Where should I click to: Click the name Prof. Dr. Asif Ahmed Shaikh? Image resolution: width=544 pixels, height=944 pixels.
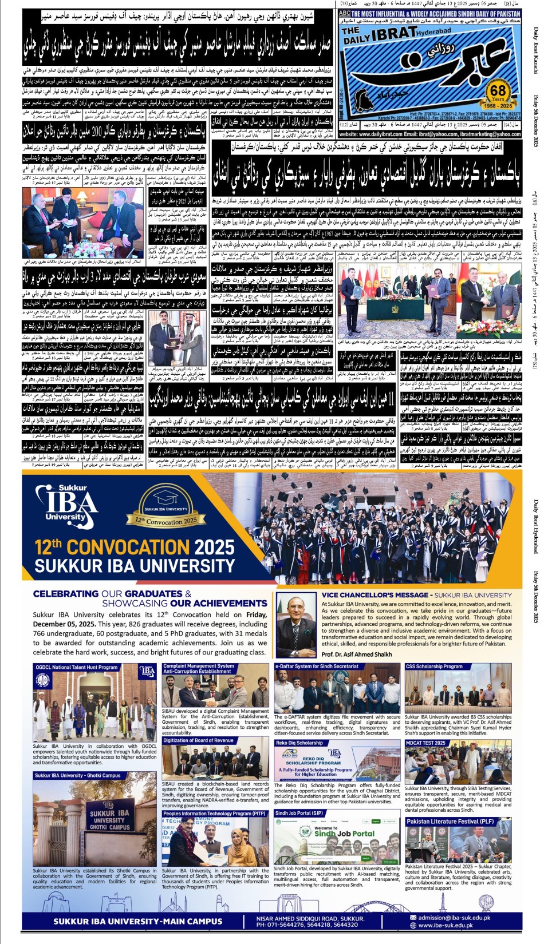[x=357, y=655]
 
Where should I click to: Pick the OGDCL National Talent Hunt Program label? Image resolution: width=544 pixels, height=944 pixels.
[x=77, y=667]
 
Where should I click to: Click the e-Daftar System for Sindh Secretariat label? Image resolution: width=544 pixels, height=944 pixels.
[x=317, y=667]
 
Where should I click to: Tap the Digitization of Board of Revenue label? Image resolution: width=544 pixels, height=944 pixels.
[x=198, y=740]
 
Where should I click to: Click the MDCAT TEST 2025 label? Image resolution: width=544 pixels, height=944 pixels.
[x=425, y=743]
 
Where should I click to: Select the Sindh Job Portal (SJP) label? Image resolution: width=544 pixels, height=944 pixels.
[x=299, y=813]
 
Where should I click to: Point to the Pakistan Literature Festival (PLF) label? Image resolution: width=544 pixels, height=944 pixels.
[x=450, y=822]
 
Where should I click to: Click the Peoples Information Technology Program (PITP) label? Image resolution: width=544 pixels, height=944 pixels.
[x=214, y=814]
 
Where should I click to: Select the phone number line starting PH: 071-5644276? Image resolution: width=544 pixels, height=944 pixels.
[x=307, y=925]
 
